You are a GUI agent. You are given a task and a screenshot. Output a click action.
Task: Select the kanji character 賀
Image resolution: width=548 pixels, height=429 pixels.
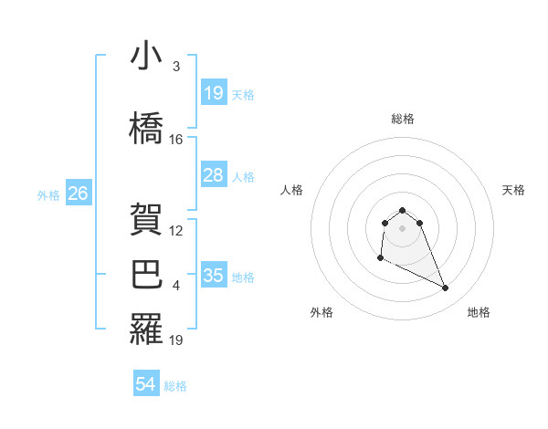[146, 218]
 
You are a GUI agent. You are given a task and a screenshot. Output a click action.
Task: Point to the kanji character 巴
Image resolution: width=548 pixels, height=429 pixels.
[146, 275]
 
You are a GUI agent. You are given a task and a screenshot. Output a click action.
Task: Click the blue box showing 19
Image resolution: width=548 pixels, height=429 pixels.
[214, 93]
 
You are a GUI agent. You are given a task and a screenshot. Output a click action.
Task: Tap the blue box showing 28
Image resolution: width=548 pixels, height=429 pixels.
[214, 175]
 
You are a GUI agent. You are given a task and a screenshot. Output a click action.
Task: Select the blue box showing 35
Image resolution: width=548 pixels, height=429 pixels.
[214, 276]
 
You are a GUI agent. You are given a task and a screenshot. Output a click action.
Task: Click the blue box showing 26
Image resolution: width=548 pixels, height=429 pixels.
[79, 194]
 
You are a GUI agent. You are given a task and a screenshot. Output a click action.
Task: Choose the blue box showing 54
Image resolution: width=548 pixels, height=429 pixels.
[146, 384]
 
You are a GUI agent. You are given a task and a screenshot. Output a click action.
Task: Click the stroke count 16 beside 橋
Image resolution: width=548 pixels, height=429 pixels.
[176, 140]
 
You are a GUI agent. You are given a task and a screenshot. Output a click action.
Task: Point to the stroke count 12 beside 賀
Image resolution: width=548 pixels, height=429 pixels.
[176, 231]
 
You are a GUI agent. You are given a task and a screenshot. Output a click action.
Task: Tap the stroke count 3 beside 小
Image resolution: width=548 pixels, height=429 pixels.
[176, 67]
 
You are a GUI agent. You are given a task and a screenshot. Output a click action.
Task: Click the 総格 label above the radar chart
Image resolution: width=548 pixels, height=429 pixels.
[402, 119]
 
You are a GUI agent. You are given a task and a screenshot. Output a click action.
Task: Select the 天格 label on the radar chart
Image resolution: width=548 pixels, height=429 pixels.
[513, 190]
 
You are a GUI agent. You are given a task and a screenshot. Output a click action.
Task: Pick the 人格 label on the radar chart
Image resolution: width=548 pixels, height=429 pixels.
[291, 190]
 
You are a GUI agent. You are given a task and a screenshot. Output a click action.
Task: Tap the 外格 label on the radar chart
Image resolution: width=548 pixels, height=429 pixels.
[321, 312]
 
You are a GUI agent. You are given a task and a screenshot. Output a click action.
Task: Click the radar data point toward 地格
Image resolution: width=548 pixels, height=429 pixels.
[446, 288]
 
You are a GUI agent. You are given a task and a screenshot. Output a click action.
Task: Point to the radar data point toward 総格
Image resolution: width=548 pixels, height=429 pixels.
[402, 211]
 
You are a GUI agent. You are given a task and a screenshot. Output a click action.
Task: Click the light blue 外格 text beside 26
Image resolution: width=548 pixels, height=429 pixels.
[48, 194]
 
